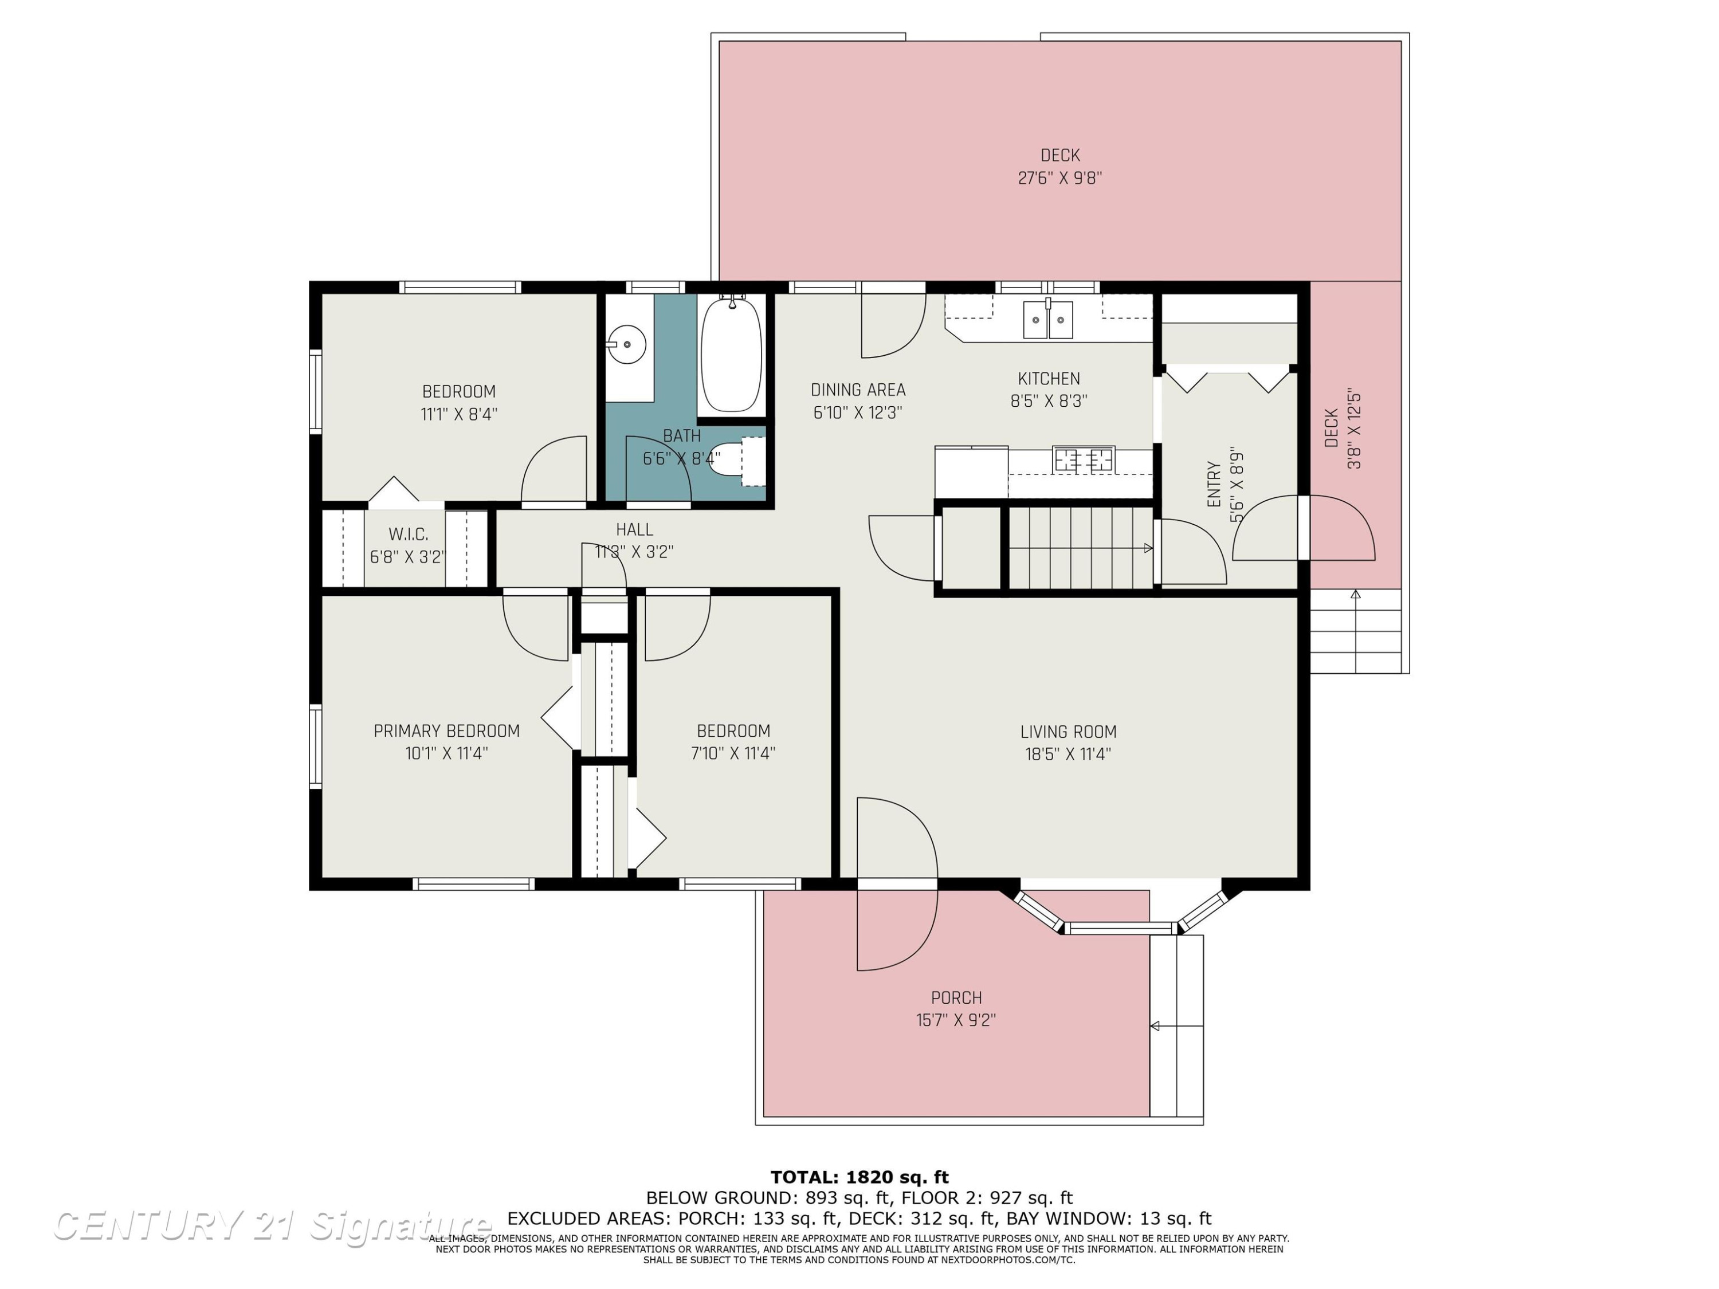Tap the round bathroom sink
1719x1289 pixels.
pyautogui.click(x=626, y=344)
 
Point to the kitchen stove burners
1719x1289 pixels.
pyautogui.click(x=1084, y=459)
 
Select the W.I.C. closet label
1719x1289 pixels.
pyautogui.click(x=408, y=535)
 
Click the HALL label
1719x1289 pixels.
pyautogui.click(x=634, y=530)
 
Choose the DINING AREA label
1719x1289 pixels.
pyautogui.click(x=858, y=390)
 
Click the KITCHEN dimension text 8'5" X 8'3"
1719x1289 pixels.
pyautogui.click(x=1049, y=402)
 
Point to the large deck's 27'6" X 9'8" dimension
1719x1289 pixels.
pyautogui.click(x=1060, y=178)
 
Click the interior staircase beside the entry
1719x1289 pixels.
pyautogui.click(x=1080, y=548)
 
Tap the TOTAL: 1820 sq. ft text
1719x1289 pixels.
pyautogui.click(x=859, y=1178)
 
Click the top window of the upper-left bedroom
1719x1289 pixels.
pyautogui.click(x=460, y=288)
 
